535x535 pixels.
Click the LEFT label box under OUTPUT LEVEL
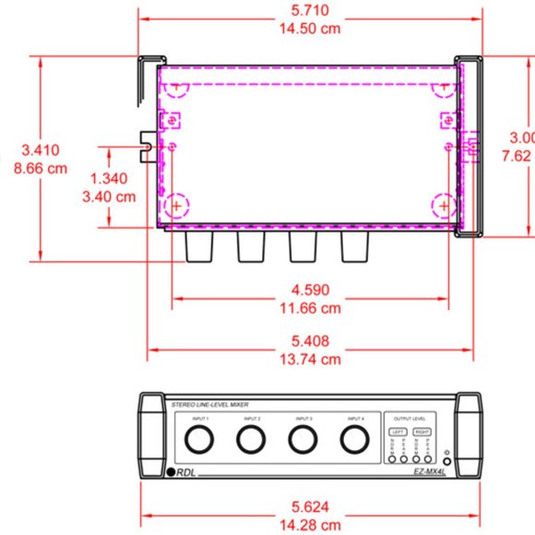click(x=398, y=431)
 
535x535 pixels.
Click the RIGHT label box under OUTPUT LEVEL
click(x=422, y=431)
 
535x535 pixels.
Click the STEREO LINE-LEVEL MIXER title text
click(x=211, y=405)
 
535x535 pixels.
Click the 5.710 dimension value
click(x=310, y=10)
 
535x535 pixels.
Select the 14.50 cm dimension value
click(x=310, y=29)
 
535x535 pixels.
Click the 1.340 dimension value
click(x=111, y=178)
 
